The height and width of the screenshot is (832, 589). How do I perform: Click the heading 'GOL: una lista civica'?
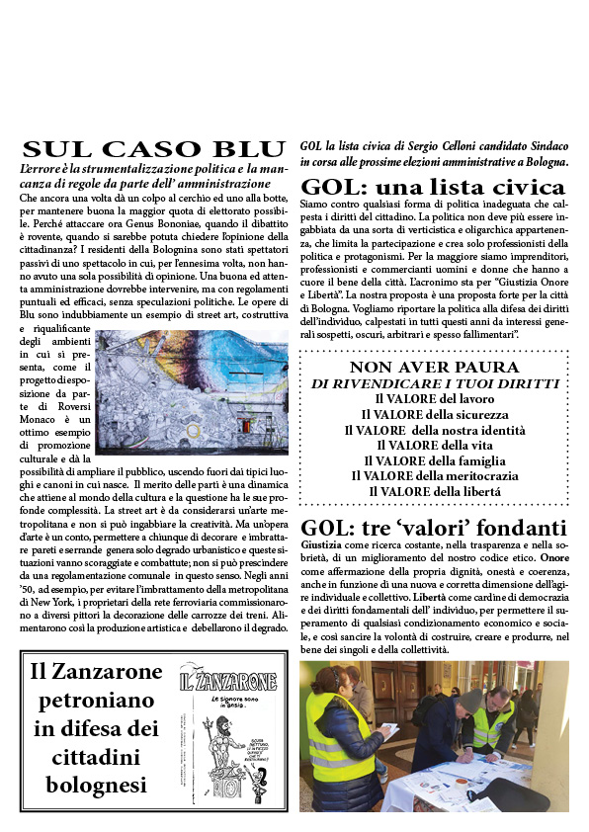tap(433, 187)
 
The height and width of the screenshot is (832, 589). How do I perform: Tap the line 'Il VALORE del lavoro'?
tap(434, 398)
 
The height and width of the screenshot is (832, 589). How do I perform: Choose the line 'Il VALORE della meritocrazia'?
tap(434, 475)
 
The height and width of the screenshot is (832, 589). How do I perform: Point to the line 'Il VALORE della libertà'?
tap(434, 491)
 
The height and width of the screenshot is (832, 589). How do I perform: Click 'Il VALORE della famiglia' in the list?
tap(434, 459)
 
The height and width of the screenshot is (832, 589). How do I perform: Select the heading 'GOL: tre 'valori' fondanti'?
tap(433, 528)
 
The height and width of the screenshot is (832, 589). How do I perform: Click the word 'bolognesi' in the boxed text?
tap(96, 786)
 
